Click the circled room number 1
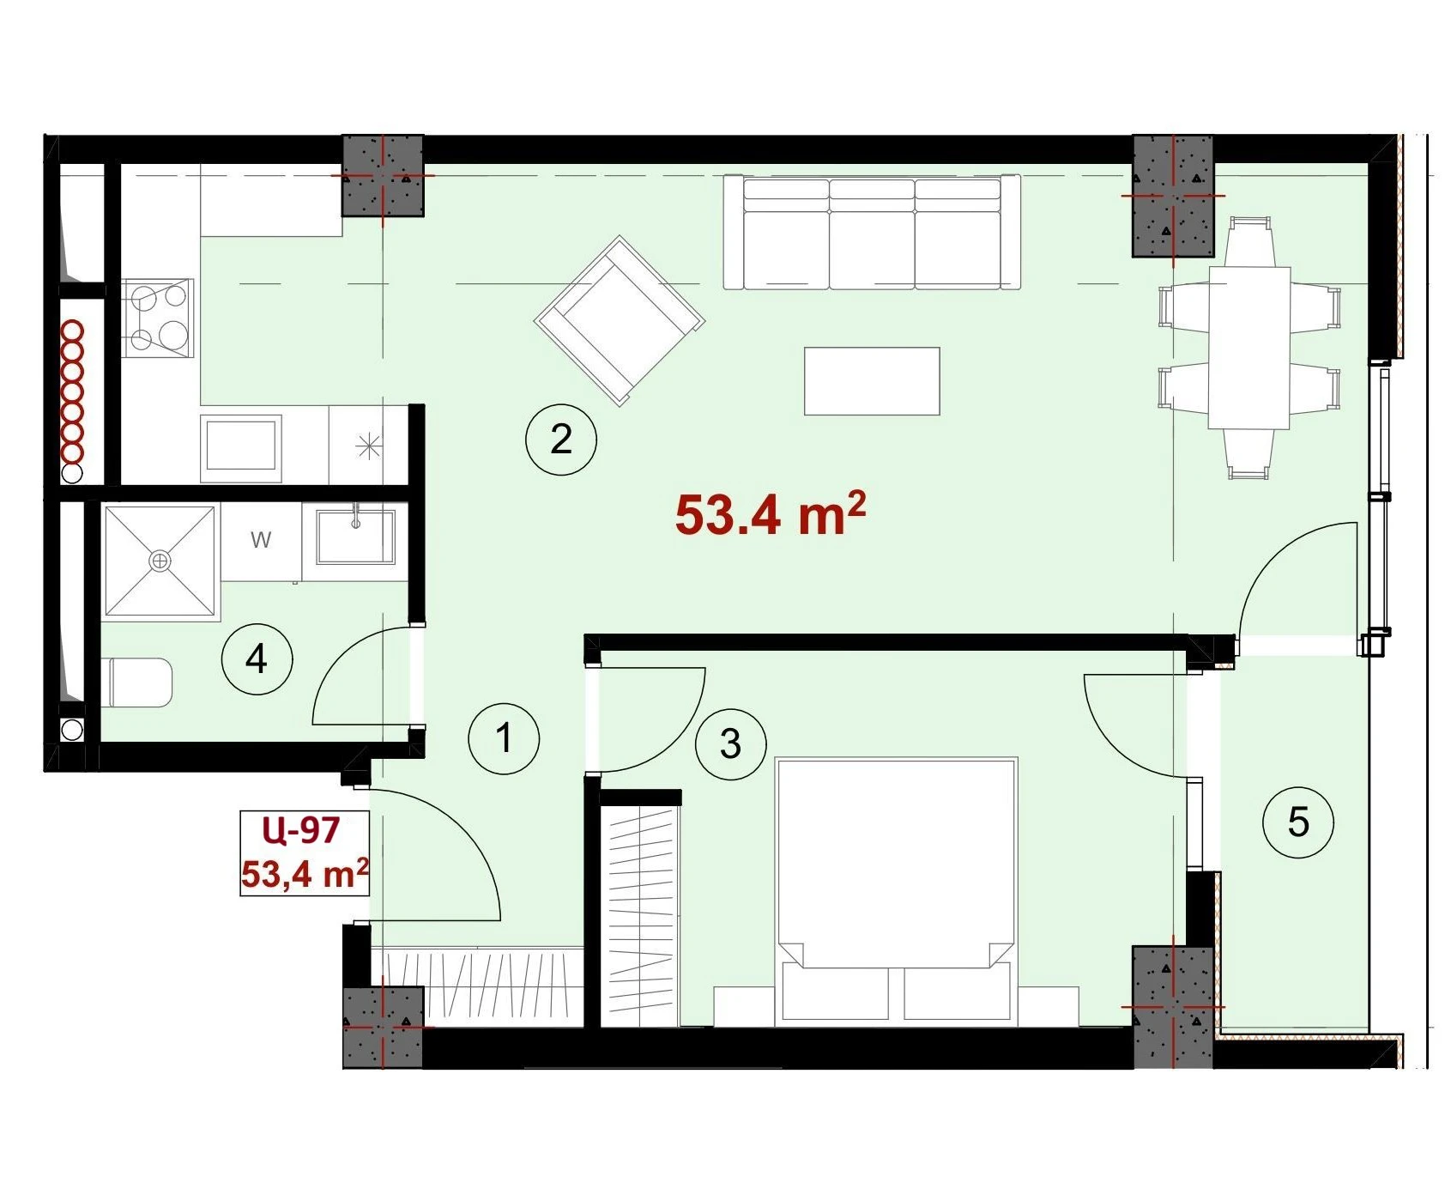click(505, 738)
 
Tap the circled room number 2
click(561, 439)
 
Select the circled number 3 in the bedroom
click(731, 743)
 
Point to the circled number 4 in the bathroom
click(257, 658)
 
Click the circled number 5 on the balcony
click(1298, 822)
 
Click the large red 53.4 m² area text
click(770, 513)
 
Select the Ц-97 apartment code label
click(301, 830)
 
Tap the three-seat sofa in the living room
click(872, 232)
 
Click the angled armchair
click(620, 320)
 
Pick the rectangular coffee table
click(872, 381)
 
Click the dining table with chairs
click(1249, 348)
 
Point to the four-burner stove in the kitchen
click(158, 318)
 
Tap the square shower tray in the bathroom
click(160, 561)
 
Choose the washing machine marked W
click(261, 541)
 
